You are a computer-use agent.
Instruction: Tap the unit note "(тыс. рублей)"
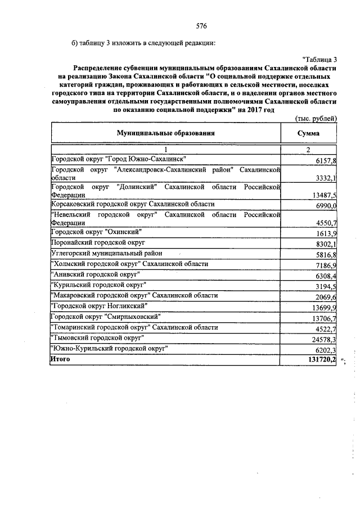tap(316, 118)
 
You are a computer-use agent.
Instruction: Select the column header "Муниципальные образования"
tap(166, 133)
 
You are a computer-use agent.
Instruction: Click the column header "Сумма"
tap(309, 133)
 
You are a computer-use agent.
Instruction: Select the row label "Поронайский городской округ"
tap(98, 242)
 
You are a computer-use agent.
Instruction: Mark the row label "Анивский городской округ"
tap(95, 274)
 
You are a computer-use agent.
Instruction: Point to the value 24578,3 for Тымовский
tap(323, 340)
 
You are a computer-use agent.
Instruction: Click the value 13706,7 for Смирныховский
tap(323, 318)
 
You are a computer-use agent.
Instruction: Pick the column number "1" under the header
tap(166, 149)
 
